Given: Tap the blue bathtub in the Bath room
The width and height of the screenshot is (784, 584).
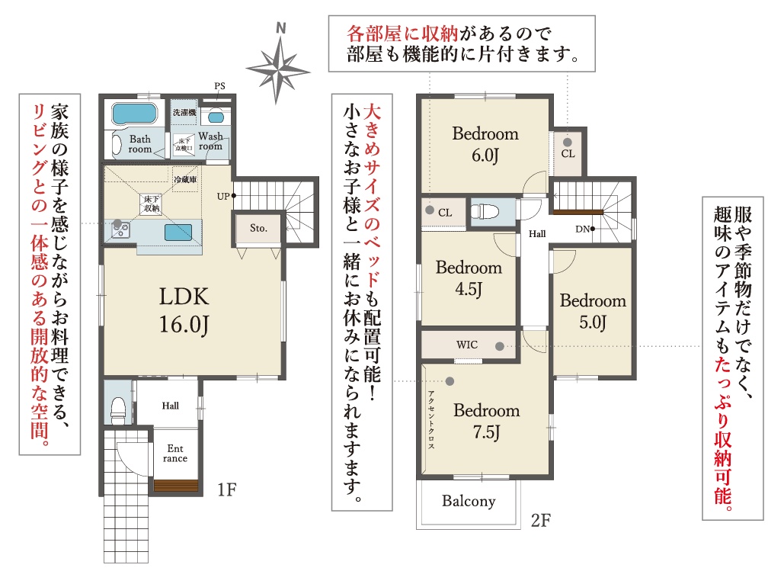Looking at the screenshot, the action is [134, 114].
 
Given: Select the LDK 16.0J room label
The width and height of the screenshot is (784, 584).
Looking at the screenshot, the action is [184, 310].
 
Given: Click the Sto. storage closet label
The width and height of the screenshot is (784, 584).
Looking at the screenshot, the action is [258, 228].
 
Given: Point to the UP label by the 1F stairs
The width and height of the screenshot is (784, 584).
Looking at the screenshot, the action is [223, 196].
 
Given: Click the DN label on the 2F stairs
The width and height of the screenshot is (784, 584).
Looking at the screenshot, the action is [583, 229].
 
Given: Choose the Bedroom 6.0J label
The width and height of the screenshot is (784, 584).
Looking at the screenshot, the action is [485, 145].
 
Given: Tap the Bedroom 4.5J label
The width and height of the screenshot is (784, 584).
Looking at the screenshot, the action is [469, 278].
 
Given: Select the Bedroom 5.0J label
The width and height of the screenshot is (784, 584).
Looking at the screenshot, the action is [593, 311].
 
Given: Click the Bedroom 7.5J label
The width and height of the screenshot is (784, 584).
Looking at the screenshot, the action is [486, 422].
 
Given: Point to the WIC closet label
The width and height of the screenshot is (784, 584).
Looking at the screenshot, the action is [466, 345].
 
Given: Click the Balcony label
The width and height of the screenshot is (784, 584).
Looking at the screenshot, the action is [469, 501].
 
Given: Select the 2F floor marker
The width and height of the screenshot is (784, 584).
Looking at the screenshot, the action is [540, 521].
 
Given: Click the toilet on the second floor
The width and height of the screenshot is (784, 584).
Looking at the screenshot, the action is [485, 212].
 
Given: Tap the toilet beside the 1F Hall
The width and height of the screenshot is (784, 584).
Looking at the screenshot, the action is [119, 410].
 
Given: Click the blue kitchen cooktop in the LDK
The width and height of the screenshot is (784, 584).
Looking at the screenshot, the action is [178, 233].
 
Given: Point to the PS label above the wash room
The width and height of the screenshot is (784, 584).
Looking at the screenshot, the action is [219, 86].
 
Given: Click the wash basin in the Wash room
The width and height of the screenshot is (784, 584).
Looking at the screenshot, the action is [216, 117].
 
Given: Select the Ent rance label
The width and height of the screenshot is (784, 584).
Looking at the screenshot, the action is [175, 454].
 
